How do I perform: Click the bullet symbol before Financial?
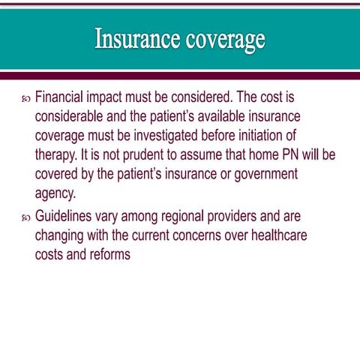[x=24, y=99]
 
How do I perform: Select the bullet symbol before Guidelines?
[x=24, y=217]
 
